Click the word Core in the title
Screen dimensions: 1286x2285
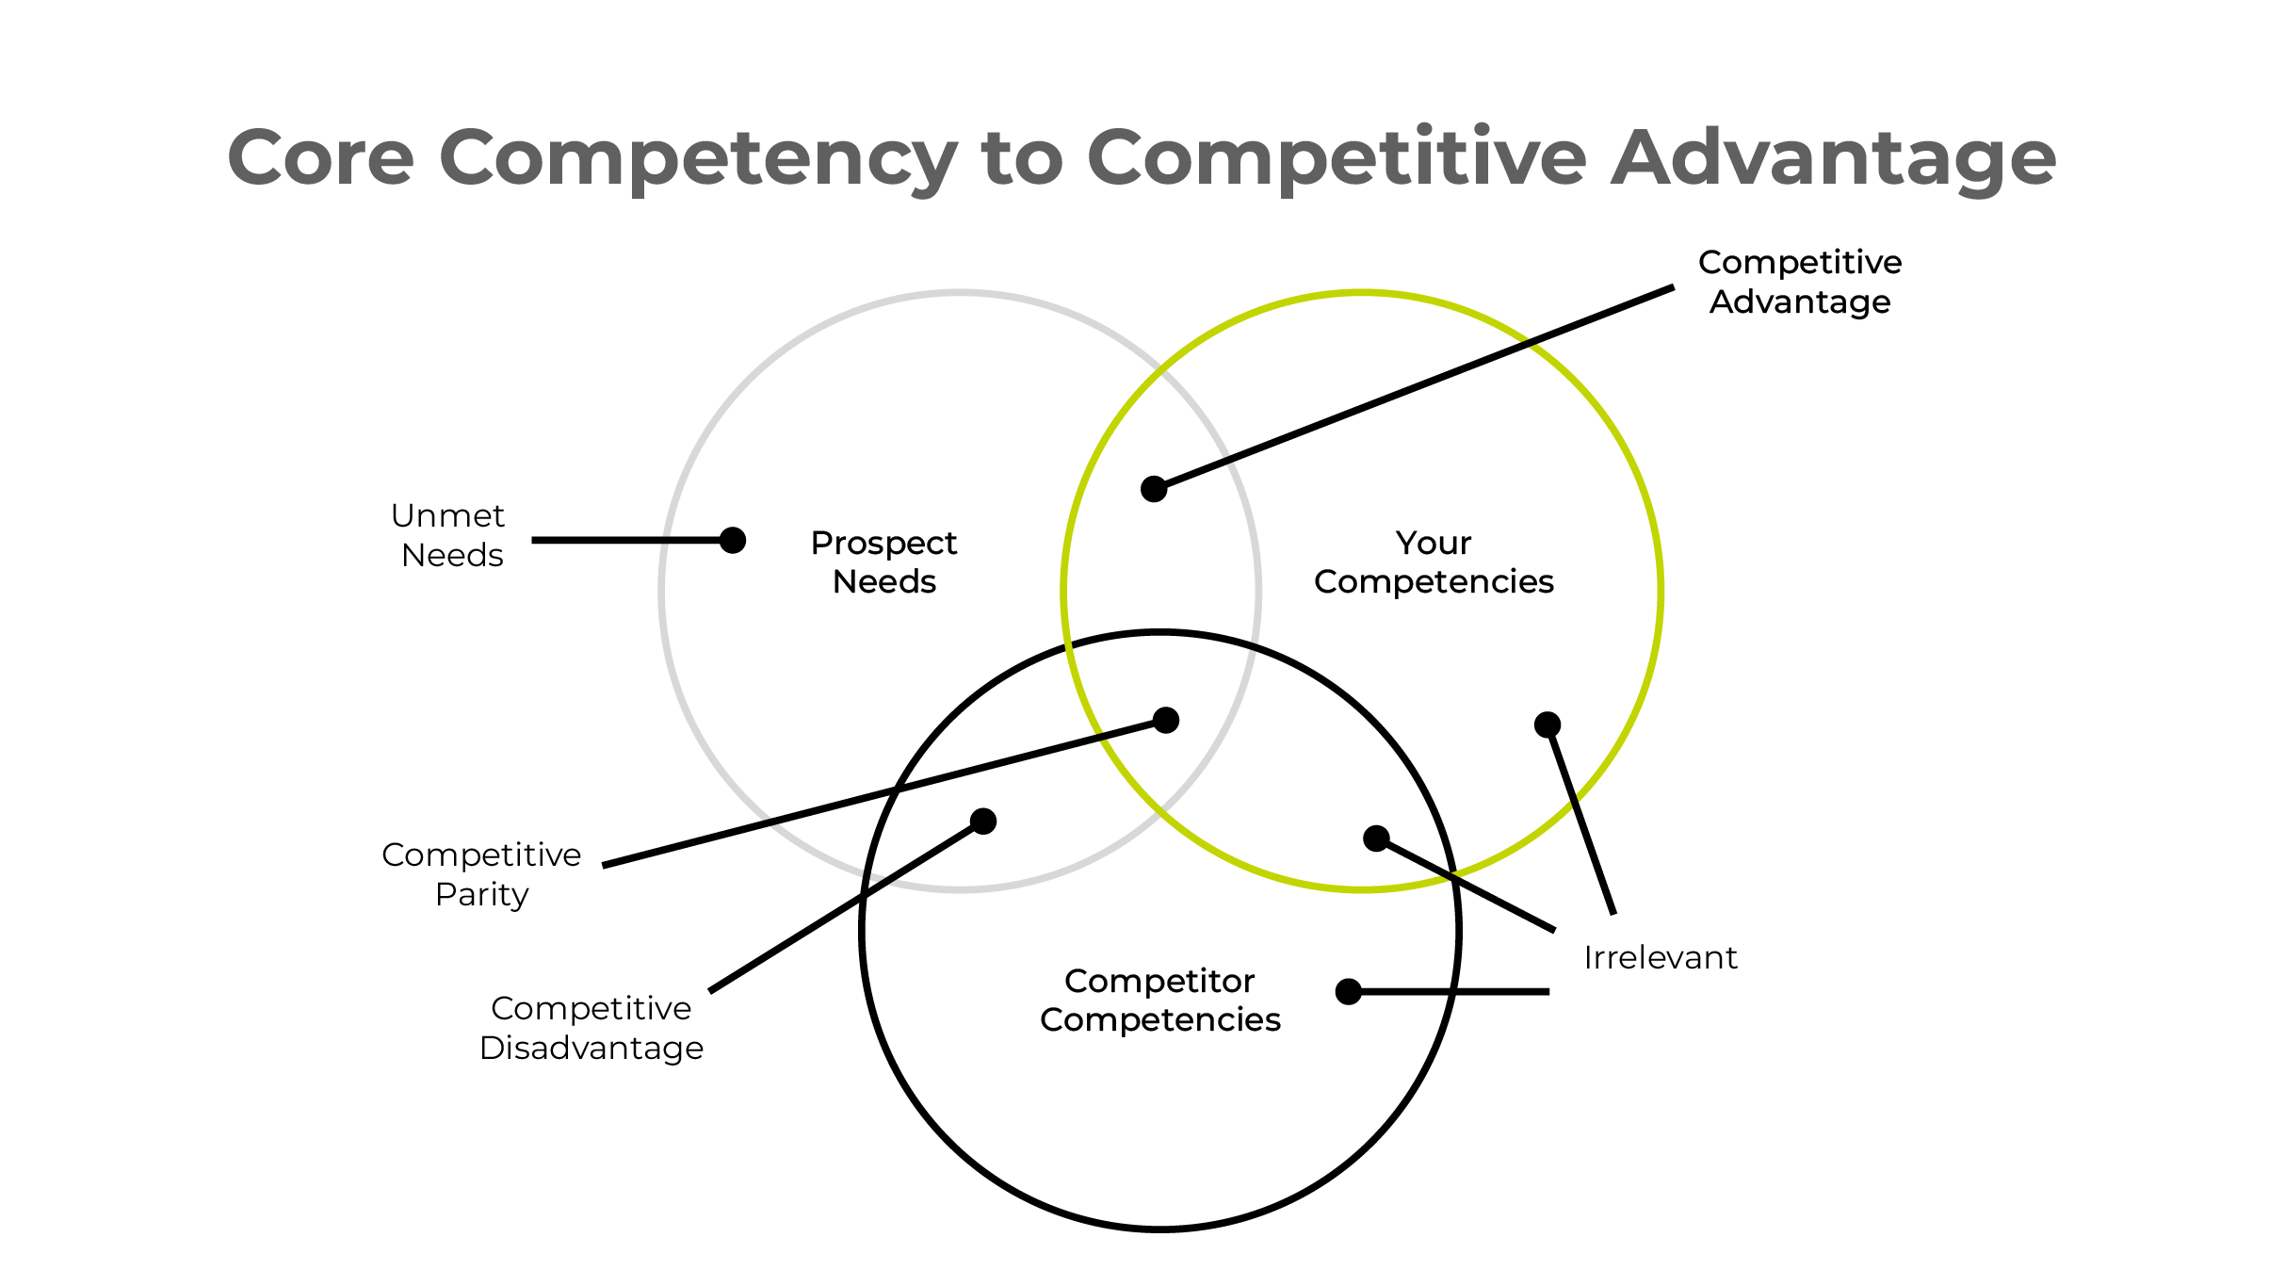(x=320, y=158)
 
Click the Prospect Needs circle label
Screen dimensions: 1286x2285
(x=883, y=562)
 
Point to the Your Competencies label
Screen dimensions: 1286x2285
(x=1433, y=562)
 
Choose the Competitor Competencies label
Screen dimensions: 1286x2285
(x=1159, y=1001)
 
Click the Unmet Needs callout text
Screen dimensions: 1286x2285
(x=449, y=535)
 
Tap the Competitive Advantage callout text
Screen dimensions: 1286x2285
(x=1799, y=282)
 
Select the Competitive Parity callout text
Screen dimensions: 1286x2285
(x=481, y=874)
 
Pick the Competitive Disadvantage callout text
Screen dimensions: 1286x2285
(x=591, y=1028)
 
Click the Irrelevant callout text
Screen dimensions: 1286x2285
(x=1660, y=958)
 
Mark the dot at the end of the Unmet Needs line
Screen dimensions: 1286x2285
(x=733, y=540)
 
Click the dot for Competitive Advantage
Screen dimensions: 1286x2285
(x=1154, y=489)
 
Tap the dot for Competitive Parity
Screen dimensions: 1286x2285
(x=1166, y=721)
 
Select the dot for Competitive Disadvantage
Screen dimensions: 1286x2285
(x=983, y=822)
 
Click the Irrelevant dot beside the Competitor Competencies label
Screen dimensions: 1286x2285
(x=1349, y=992)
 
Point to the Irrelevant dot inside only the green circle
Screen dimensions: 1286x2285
(x=1548, y=724)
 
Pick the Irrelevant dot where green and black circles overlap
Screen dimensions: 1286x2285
(x=1376, y=838)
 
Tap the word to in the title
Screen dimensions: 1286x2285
(x=1022, y=158)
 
